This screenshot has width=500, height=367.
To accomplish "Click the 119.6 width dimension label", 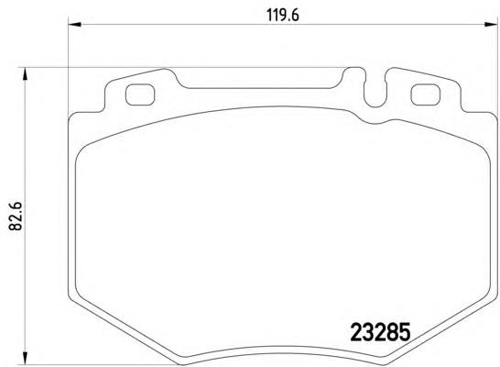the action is click(x=283, y=15).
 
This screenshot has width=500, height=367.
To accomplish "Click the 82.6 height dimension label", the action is click(x=15, y=216).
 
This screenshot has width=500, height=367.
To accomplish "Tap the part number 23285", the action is click(x=380, y=332).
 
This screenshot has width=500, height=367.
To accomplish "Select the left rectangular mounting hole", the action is click(x=140, y=95).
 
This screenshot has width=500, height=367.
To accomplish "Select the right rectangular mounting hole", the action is click(x=426, y=95).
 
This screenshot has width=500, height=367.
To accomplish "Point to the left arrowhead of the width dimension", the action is click(x=75, y=24).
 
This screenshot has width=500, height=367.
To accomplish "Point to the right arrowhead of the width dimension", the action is click(x=491, y=24).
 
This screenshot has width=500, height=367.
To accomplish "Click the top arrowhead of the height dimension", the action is click(x=25, y=74).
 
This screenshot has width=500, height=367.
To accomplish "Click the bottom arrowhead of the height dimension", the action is click(x=25, y=358).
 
